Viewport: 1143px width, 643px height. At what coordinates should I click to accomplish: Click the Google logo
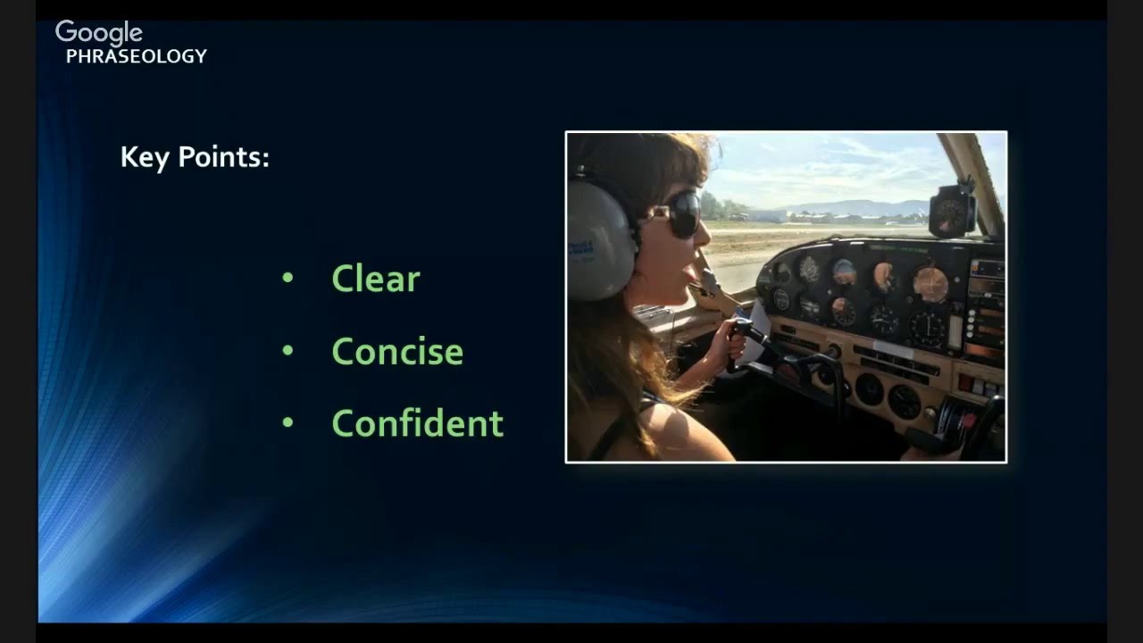98,33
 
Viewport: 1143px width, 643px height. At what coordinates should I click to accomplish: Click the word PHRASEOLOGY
137,56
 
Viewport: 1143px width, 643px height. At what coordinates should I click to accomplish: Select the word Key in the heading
145,158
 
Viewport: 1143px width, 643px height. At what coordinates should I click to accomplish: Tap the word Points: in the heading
223,158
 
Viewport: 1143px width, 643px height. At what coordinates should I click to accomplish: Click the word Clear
375,280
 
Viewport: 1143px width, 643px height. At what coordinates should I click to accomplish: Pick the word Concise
397,352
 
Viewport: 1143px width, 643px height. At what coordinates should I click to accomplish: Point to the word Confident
417,423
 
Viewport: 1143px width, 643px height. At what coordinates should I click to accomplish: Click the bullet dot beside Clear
288,278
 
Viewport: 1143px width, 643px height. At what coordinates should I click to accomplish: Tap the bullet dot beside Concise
288,350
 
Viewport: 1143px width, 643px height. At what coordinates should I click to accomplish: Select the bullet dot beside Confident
288,422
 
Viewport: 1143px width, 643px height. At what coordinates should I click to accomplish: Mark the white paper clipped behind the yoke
759,321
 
